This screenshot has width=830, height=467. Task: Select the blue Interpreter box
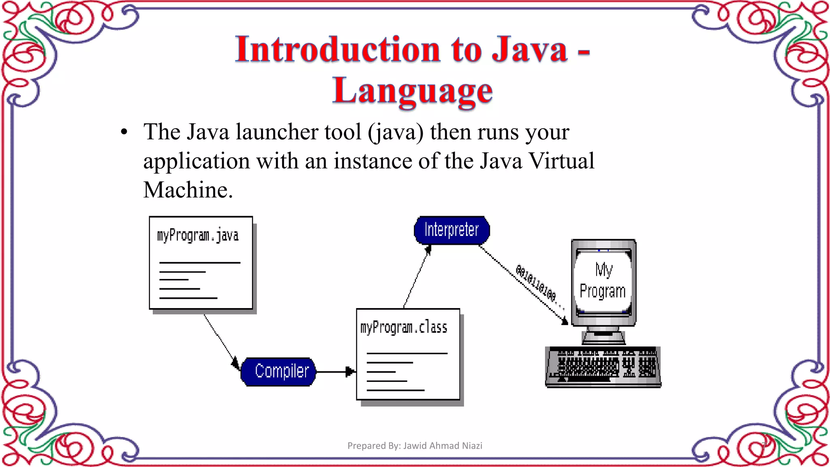[451, 230]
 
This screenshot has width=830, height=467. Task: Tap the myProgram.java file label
[198, 236]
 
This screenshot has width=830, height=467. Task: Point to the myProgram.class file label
[404, 328]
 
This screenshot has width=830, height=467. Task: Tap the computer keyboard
[603, 367]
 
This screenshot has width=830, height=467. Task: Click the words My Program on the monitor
[603, 281]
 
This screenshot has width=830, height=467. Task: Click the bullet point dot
[124, 132]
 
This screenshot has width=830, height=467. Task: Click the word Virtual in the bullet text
[562, 161]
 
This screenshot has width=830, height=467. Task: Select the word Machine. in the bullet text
[188, 190]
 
